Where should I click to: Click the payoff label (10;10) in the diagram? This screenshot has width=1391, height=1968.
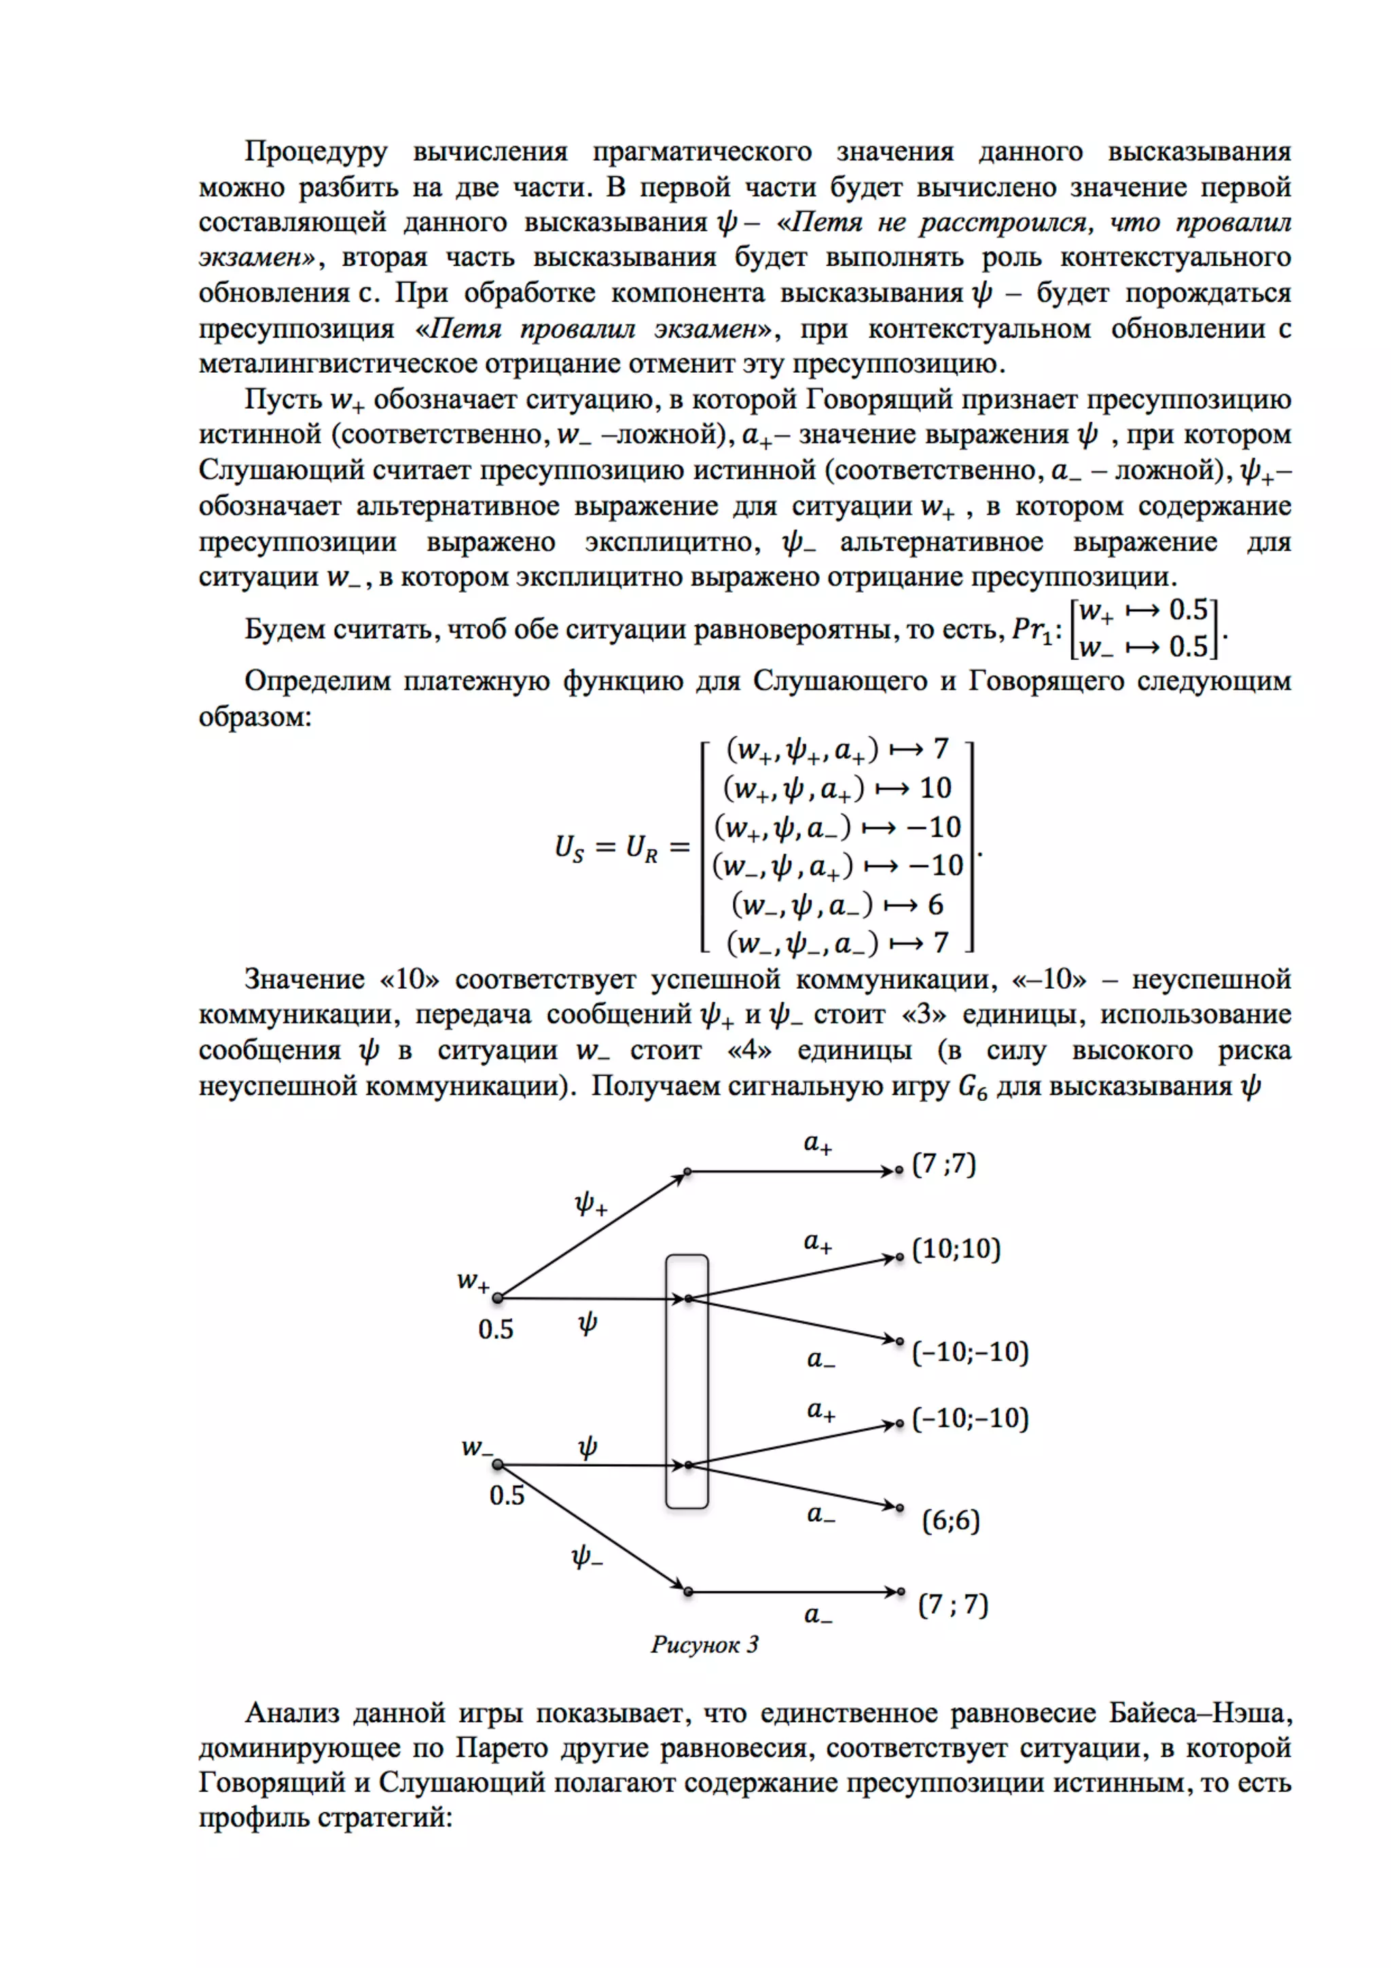pyautogui.click(x=956, y=1249)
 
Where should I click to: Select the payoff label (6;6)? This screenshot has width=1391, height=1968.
pyautogui.click(x=950, y=1520)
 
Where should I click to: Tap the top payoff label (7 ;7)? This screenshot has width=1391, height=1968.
pyautogui.click(x=943, y=1164)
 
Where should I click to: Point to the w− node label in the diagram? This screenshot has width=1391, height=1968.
pyautogui.click(x=477, y=1448)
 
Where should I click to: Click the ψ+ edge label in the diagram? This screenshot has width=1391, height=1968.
pyautogui.click(x=590, y=1204)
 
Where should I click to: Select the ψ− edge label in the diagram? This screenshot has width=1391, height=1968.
pyautogui.click(x=587, y=1556)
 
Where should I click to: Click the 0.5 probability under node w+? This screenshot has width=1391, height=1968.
pyautogui.click(x=495, y=1330)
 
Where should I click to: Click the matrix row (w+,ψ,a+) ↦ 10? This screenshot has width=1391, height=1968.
pyautogui.click(x=837, y=788)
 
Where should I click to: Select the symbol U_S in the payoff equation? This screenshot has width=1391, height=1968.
pyautogui.click(x=569, y=848)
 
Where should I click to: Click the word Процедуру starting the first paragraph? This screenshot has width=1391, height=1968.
pyautogui.click(x=315, y=151)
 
